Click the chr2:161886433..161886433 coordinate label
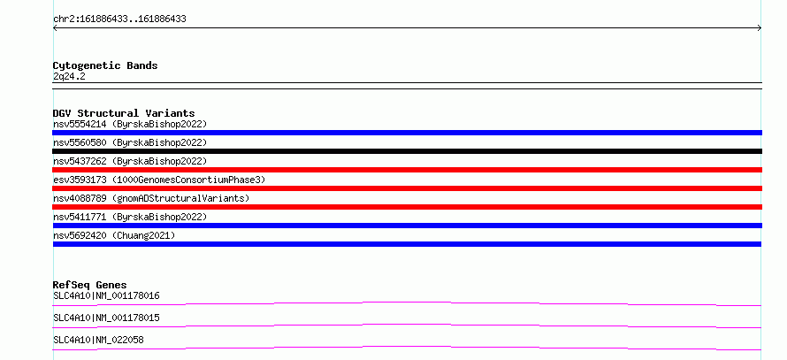click(119, 19)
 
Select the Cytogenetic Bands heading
click(105, 65)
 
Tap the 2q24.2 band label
click(69, 77)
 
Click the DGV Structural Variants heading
click(124, 113)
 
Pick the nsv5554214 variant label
click(130, 124)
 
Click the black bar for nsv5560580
click(407, 151)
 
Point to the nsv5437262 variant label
click(130, 161)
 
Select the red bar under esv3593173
click(407, 188)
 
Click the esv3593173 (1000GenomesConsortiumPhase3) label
click(159, 180)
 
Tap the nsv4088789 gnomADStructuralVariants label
click(151, 198)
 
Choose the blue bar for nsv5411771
click(407, 226)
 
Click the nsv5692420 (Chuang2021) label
click(114, 235)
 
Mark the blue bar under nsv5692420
click(407, 244)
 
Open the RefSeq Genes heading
click(90, 285)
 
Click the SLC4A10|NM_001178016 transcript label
click(106, 296)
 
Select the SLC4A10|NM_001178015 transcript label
click(106, 318)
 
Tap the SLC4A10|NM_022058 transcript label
click(98, 341)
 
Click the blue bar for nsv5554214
click(407, 133)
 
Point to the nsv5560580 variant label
click(130, 142)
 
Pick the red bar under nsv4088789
click(407, 207)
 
